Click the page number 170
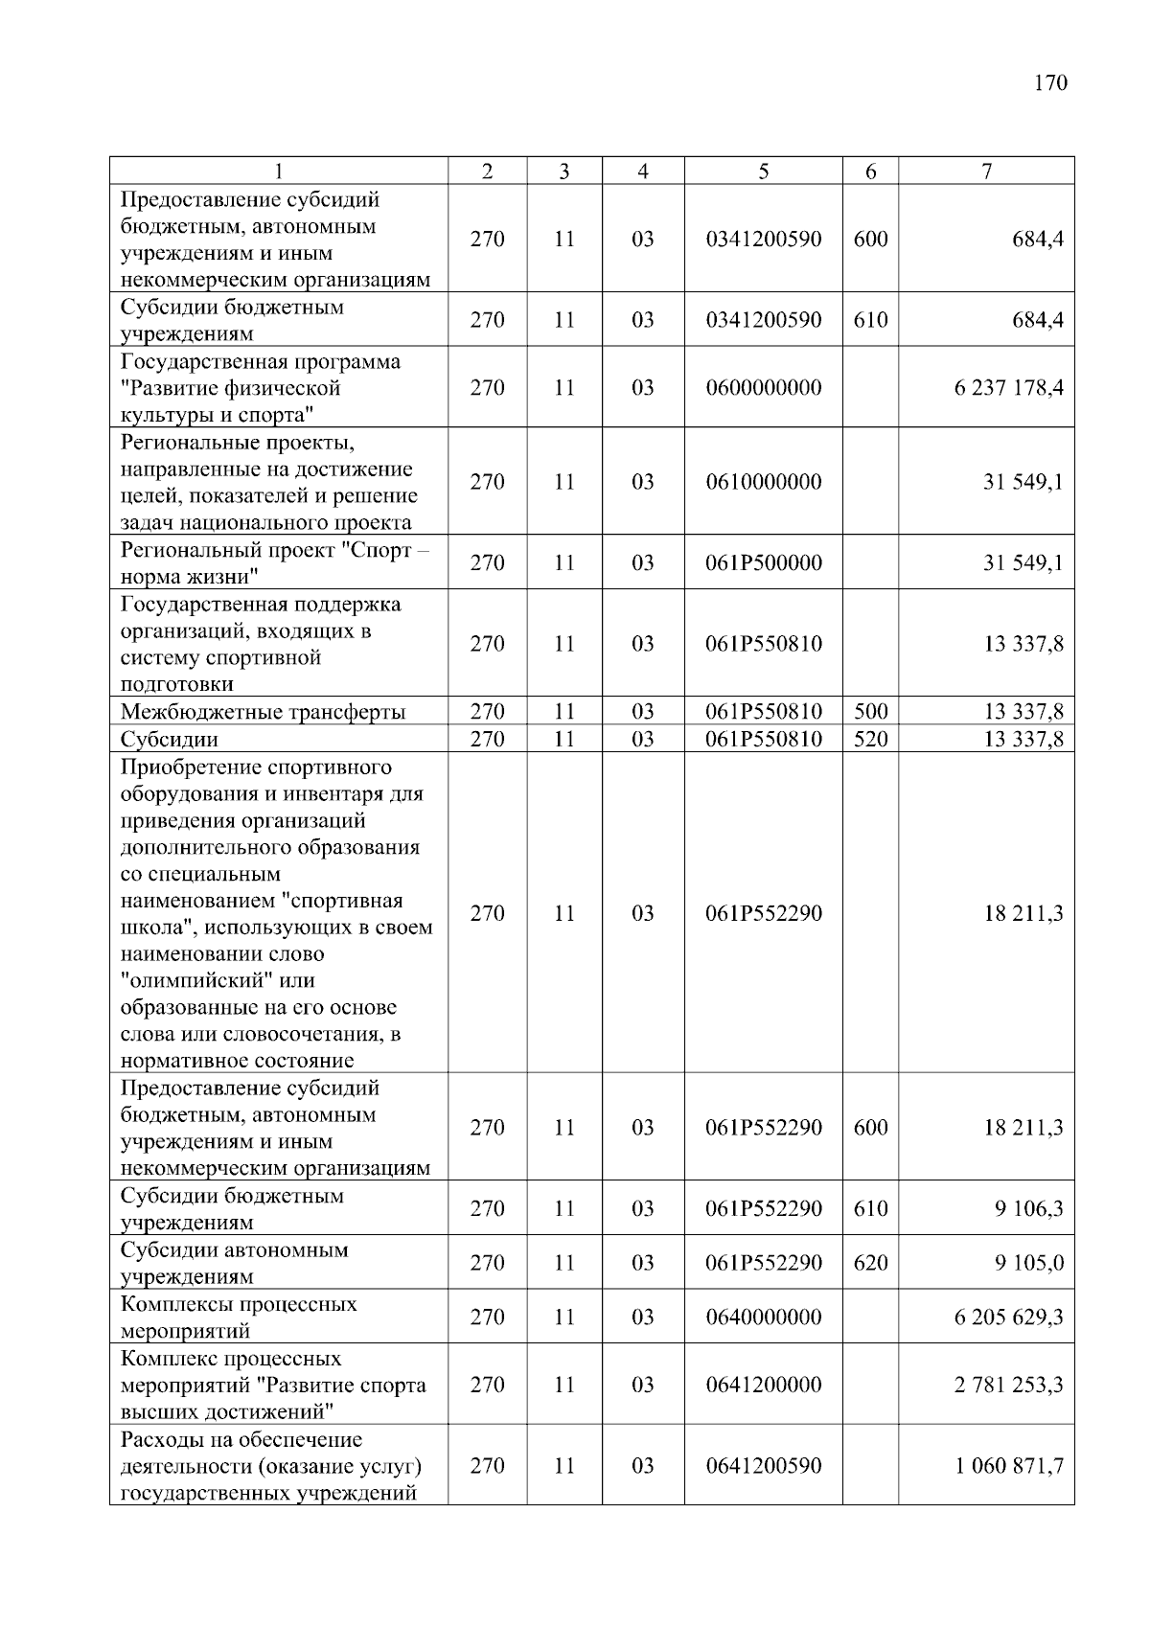click(x=1050, y=83)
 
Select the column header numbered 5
click(x=763, y=172)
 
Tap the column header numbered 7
click(x=986, y=172)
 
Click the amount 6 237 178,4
click(x=1008, y=388)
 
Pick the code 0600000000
click(x=763, y=388)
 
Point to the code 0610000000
click(x=763, y=482)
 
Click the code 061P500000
click(x=763, y=562)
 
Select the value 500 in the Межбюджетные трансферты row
click(x=870, y=712)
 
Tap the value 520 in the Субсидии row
click(x=870, y=740)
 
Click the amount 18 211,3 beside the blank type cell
click(x=1023, y=913)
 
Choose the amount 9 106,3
click(x=1028, y=1208)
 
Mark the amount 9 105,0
click(x=1028, y=1263)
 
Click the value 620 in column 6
click(x=870, y=1263)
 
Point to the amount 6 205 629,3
click(x=1008, y=1318)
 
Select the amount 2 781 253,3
click(x=1008, y=1385)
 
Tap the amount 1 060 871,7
click(x=1008, y=1466)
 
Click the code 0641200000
click(x=763, y=1385)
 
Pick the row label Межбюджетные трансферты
click(x=263, y=712)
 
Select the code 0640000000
click(x=763, y=1318)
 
